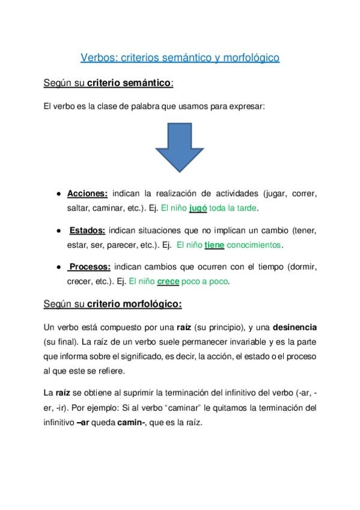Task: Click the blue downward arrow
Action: [179, 147]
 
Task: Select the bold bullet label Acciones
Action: [87, 194]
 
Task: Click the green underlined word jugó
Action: [198, 208]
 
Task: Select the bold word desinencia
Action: [294, 327]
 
